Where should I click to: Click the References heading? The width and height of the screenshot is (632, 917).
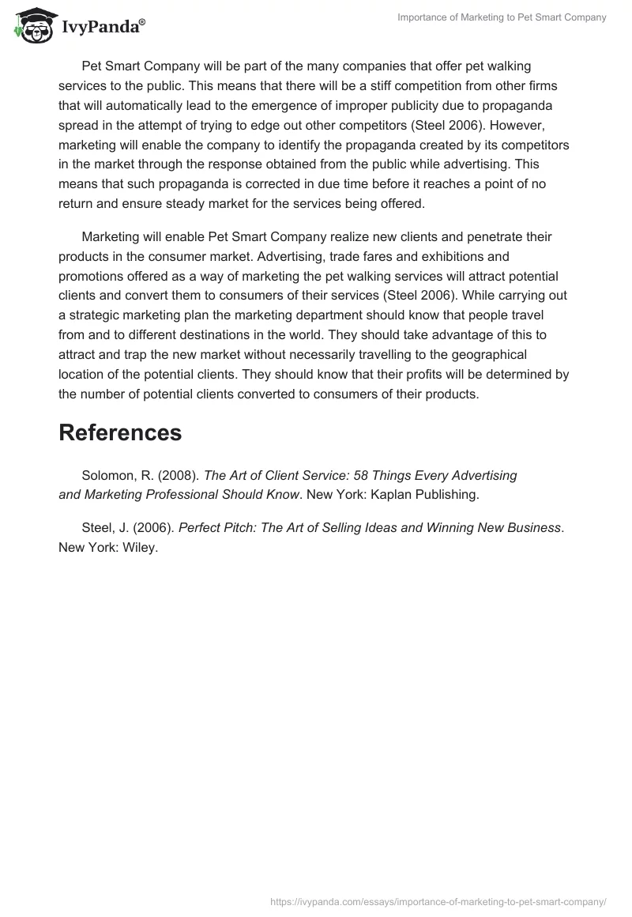pyautogui.click(x=120, y=433)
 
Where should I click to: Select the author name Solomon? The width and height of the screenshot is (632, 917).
pyautogui.click(x=112, y=476)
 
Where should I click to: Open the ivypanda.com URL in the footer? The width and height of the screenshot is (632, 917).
pyautogui.click(x=438, y=900)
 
